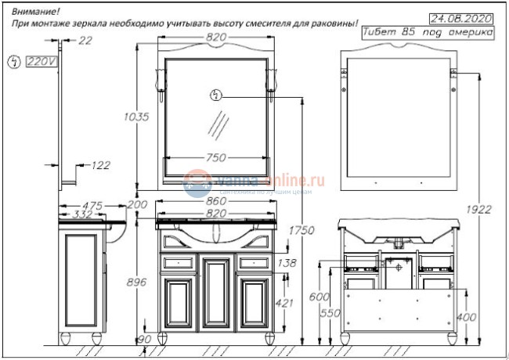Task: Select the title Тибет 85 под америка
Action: (x=428, y=33)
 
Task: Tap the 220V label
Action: (x=38, y=61)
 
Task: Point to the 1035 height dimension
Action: (x=136, y=117)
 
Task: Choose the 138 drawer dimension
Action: (x=287, y=264)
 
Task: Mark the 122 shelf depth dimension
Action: (x=100, y=165)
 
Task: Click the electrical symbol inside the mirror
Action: (x=217, y=95)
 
